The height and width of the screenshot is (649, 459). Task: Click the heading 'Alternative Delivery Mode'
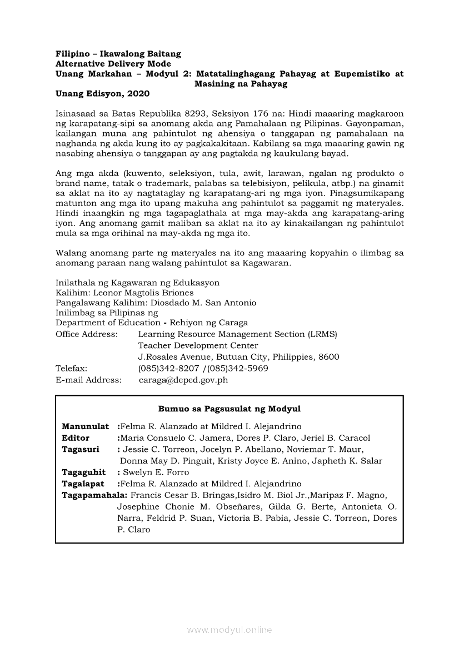tap(106, 64)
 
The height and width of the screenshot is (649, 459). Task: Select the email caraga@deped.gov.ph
tap(183, 380)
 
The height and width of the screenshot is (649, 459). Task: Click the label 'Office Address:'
tap(87, 334)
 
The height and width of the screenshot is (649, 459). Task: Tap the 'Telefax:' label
tap(71, 369)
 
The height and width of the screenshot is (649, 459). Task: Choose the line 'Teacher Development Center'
tap(198, 345)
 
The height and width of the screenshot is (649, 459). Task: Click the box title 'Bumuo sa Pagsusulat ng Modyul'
tap(229, 409)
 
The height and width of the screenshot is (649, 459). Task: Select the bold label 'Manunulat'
tap(85, 426)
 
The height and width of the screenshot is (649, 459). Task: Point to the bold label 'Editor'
tap(76, 438)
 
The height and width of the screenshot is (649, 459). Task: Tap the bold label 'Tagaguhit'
tap(83, 472)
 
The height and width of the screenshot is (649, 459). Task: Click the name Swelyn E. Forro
tap(156, 472)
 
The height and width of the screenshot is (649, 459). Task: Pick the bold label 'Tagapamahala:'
tap(94, 495)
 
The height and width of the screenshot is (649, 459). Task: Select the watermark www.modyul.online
tap(229, 630)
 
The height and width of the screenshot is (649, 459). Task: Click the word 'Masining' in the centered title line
tap(214, 84)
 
